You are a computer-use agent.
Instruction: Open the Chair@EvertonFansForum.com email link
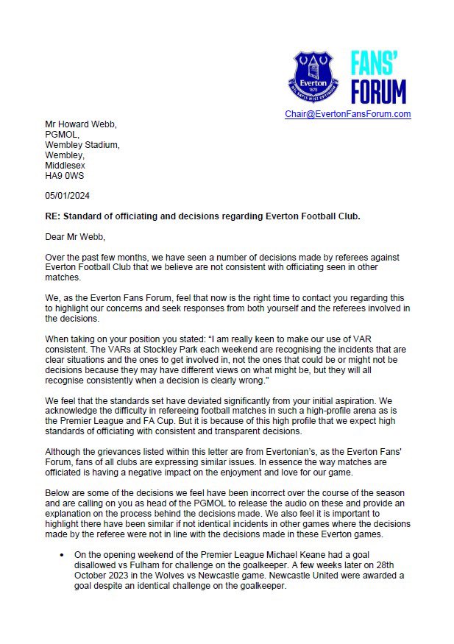pyautogui.click(x=347, y=114)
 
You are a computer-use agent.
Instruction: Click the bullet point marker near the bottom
pyautogui.click(x=62, y=553)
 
